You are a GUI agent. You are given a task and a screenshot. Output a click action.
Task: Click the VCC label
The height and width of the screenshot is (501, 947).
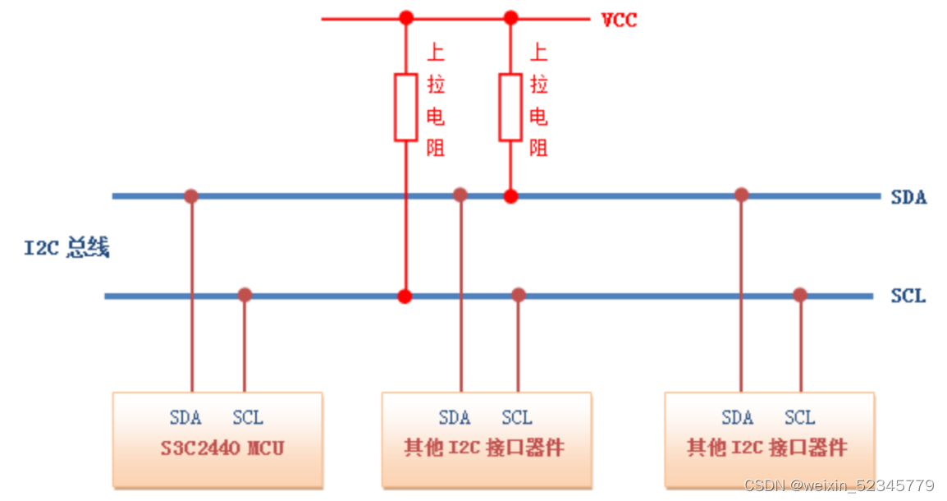[619, 20]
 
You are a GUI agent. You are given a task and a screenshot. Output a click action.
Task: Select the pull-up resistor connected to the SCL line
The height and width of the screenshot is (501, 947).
[405, 107]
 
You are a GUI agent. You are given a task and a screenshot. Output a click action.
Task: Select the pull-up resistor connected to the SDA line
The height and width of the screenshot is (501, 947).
[510, 107]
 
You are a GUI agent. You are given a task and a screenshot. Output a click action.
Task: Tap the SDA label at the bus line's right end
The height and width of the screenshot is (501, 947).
[908, 197]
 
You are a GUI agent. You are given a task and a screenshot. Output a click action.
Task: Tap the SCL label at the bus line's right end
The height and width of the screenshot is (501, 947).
[908, 296]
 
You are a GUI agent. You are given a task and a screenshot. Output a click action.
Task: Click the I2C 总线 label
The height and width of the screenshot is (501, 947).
[66, 247]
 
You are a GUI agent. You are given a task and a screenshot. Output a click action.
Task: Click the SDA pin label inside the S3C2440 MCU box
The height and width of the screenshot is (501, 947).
[185, 417]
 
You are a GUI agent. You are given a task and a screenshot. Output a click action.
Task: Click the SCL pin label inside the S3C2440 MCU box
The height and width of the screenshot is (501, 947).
[247, 417]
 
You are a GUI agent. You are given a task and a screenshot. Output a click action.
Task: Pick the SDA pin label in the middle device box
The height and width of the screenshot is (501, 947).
[454, 417]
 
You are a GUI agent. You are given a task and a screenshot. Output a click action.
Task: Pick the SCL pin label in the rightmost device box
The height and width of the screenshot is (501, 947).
[799, 417]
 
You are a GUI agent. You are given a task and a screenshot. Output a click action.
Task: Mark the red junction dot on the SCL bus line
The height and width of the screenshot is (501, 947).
[405, 296]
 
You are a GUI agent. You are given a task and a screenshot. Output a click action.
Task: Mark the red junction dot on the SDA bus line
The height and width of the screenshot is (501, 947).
[510, 196]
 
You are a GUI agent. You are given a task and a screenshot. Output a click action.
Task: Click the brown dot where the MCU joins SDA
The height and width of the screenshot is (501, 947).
[191, 195]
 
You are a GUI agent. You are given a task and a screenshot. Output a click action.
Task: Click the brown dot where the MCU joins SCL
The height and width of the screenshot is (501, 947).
[244, 295]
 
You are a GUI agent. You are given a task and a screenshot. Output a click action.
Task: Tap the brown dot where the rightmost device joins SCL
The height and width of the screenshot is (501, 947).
[800, 295]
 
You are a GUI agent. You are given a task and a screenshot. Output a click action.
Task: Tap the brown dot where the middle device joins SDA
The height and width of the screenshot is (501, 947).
[460, 195]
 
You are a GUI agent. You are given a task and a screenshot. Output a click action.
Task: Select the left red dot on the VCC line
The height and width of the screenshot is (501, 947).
[405, 17]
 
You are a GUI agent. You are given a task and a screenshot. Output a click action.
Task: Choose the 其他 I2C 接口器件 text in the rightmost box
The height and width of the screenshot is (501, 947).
[767, 448]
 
